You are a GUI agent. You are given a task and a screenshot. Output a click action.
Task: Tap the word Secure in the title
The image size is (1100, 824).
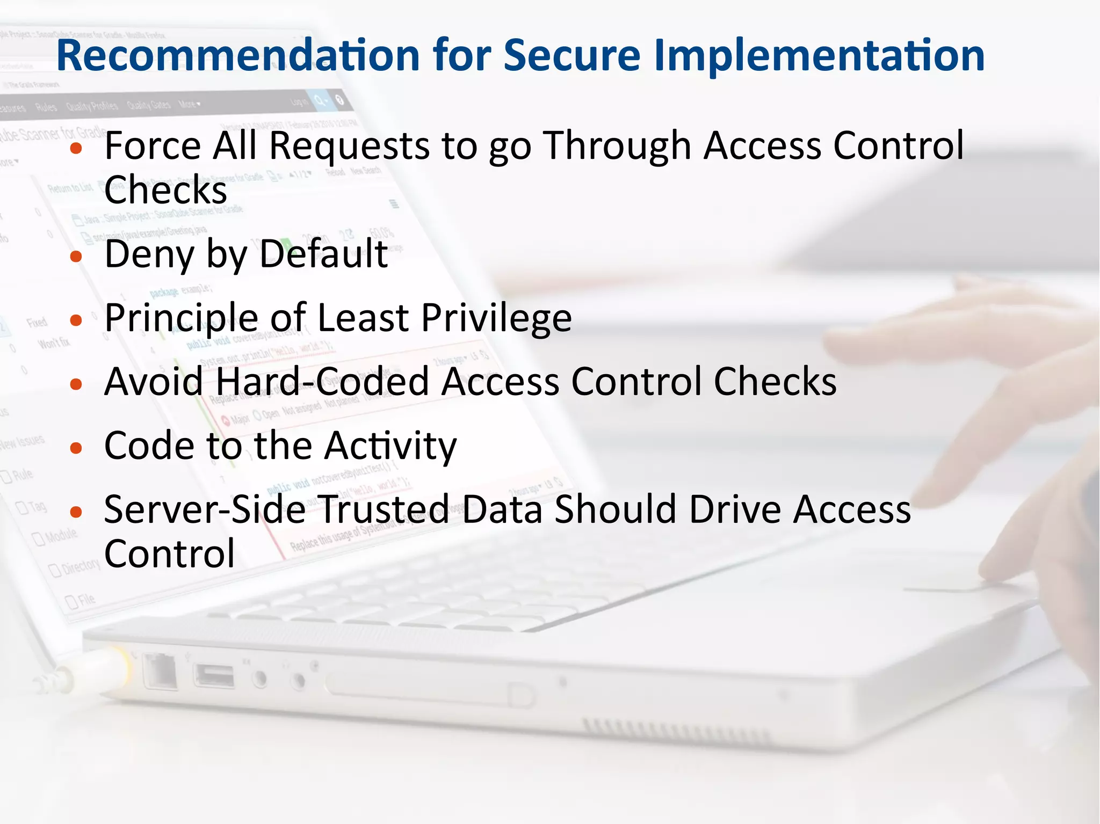[572, 55]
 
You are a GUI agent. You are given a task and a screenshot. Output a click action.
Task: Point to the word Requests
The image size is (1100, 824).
[349, 147]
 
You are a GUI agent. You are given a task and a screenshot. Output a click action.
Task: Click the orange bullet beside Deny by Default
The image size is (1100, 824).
[76, 257]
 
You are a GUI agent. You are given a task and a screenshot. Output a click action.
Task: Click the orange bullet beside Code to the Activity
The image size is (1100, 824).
[76, 448]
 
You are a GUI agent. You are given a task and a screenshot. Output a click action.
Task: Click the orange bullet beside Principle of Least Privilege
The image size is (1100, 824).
[76, 320]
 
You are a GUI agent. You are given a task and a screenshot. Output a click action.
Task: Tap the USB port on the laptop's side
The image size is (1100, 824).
[214, 676]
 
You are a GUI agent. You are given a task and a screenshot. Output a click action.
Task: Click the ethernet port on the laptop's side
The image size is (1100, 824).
[161, 671]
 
